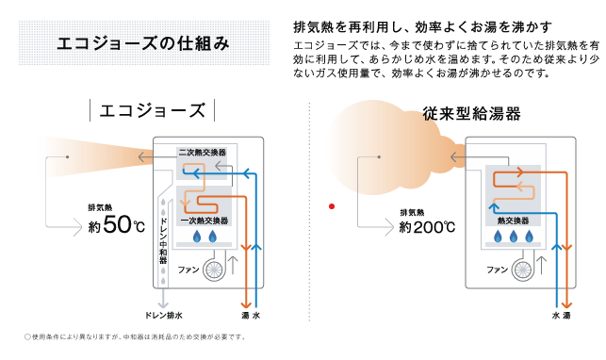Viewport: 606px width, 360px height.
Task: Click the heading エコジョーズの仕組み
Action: [x=143, y=43]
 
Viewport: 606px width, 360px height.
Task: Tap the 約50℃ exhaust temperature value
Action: [x=117, y=225]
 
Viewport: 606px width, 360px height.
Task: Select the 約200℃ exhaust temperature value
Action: [x=427, y=227]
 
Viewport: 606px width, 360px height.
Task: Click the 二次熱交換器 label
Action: [x=202, y=153]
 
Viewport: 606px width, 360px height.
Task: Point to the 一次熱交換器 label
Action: [x=205, y=221]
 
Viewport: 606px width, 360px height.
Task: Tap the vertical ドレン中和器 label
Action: [x=163, y=240]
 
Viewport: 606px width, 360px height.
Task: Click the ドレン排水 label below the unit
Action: [x=163, y=315]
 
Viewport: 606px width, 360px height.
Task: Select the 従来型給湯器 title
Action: [x=471, y=114]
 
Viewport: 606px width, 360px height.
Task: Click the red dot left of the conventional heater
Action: [x=332, y=206]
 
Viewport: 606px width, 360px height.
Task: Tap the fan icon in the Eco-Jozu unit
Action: [x=214, y=270]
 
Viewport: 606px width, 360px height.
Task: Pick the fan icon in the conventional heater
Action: [x=522, y=269]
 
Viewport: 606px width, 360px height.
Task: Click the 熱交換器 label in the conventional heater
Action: [x=513, y=221]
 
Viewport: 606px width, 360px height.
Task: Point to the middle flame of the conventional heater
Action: [x=514, y=237]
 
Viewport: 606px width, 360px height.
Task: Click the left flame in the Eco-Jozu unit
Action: [x=197, y=237]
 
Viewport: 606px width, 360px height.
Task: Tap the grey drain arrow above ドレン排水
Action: [x=163, y=298]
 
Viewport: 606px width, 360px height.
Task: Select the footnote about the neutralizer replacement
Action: [x=136, y=336]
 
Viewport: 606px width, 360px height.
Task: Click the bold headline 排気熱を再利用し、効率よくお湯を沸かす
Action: [x=422, y=27]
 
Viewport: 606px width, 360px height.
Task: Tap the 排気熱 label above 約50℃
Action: [x=100, y=208]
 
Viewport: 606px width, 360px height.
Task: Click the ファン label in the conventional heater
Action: [x=497, y=270]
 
